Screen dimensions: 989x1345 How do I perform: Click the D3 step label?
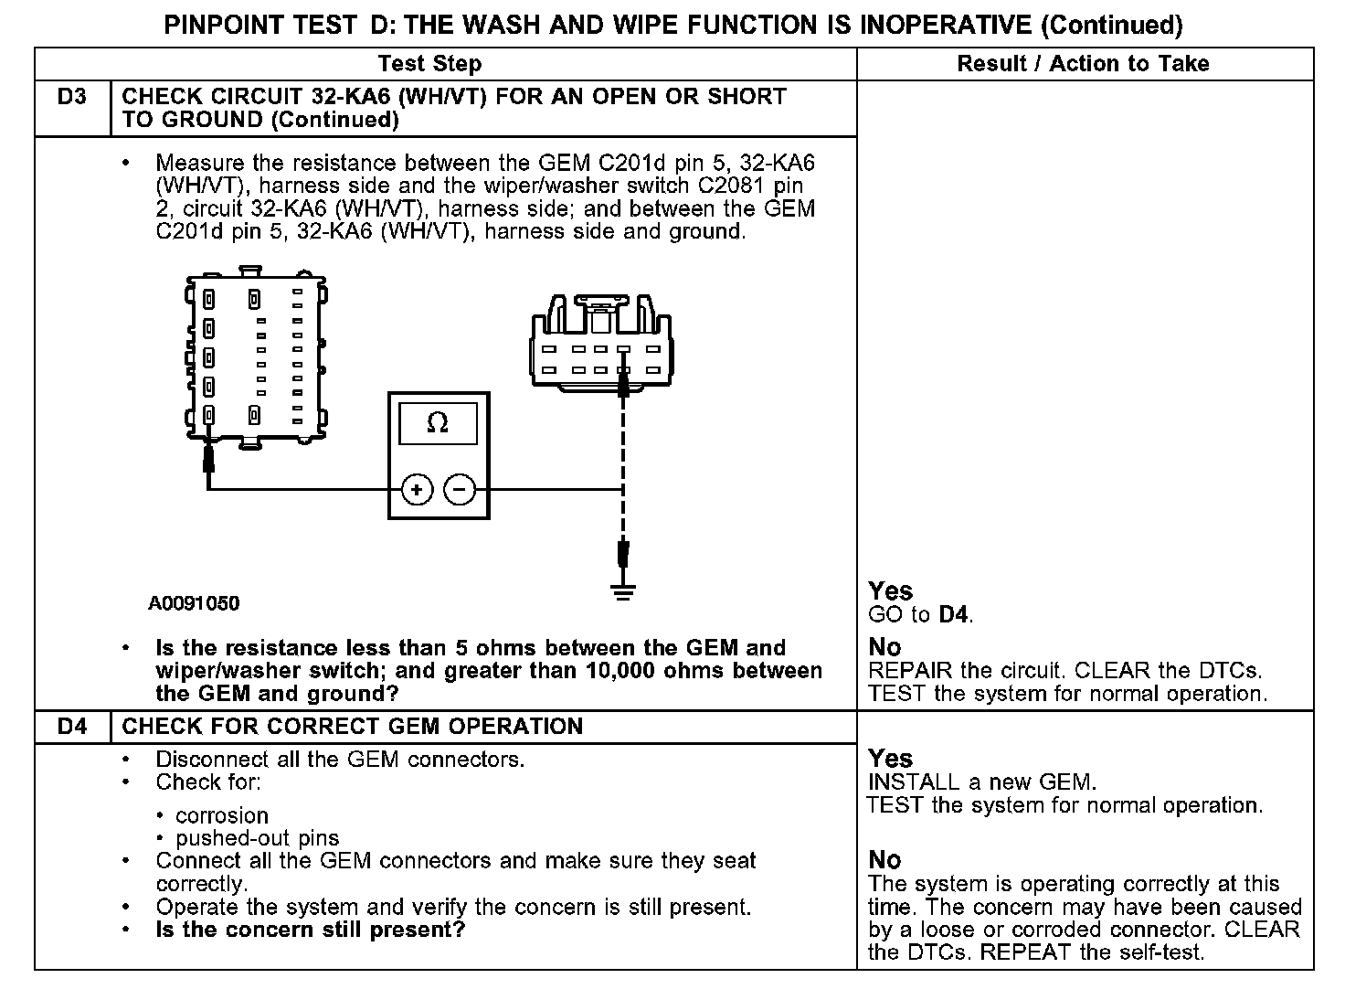71,96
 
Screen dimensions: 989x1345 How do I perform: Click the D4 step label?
71,727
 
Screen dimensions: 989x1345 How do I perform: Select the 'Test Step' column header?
429,64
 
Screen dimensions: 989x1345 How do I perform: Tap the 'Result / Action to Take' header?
1083,64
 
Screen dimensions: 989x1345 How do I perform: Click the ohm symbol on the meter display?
438,423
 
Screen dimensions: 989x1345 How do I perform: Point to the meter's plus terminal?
417,490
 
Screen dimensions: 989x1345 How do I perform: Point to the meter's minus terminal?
460,490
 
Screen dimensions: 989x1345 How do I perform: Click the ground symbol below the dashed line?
623,592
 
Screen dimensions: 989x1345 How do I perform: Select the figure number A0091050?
194,603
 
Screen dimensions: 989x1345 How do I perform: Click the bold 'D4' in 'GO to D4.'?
954,615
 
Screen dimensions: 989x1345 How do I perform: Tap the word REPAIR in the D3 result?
903,670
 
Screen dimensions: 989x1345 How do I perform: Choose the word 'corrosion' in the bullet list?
222,815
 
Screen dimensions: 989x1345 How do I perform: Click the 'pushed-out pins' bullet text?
257,838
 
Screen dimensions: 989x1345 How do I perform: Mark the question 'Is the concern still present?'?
310,931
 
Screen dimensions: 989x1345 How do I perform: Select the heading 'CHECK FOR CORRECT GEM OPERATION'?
352,727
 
